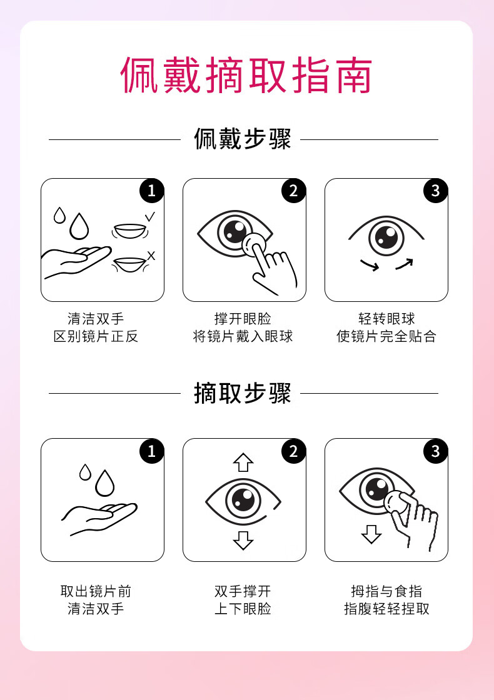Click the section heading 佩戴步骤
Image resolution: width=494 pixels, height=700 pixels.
(243, 139)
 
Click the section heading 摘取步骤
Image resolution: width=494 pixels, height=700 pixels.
(243, 393)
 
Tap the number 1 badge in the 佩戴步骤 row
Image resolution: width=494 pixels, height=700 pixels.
(151, 191)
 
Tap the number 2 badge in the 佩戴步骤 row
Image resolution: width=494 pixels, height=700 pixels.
(293, 191)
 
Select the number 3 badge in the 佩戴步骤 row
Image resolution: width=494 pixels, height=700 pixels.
(435, 191)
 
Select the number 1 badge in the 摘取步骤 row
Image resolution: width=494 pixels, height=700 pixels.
(151, 451)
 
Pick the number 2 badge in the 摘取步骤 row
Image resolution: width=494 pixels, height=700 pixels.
(293, 451)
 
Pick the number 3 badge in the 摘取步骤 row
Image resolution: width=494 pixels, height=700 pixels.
(435, 451)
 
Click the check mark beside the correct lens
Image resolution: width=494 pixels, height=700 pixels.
(150, 217)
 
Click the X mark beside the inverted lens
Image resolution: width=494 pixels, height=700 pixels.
(151, 255)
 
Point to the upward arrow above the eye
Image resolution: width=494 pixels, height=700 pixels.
(243, 462)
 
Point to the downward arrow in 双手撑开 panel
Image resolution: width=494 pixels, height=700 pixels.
(243, 539)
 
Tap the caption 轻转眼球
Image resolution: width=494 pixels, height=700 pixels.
(386, 319)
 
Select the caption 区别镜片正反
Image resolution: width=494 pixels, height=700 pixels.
(96, 336)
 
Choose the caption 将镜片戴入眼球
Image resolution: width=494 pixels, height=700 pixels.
(243, 336)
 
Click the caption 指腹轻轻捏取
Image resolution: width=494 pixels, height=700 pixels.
(386, 608)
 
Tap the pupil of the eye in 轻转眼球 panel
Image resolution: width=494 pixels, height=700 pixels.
(386, 237)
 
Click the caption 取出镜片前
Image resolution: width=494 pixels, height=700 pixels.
(96, 591)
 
